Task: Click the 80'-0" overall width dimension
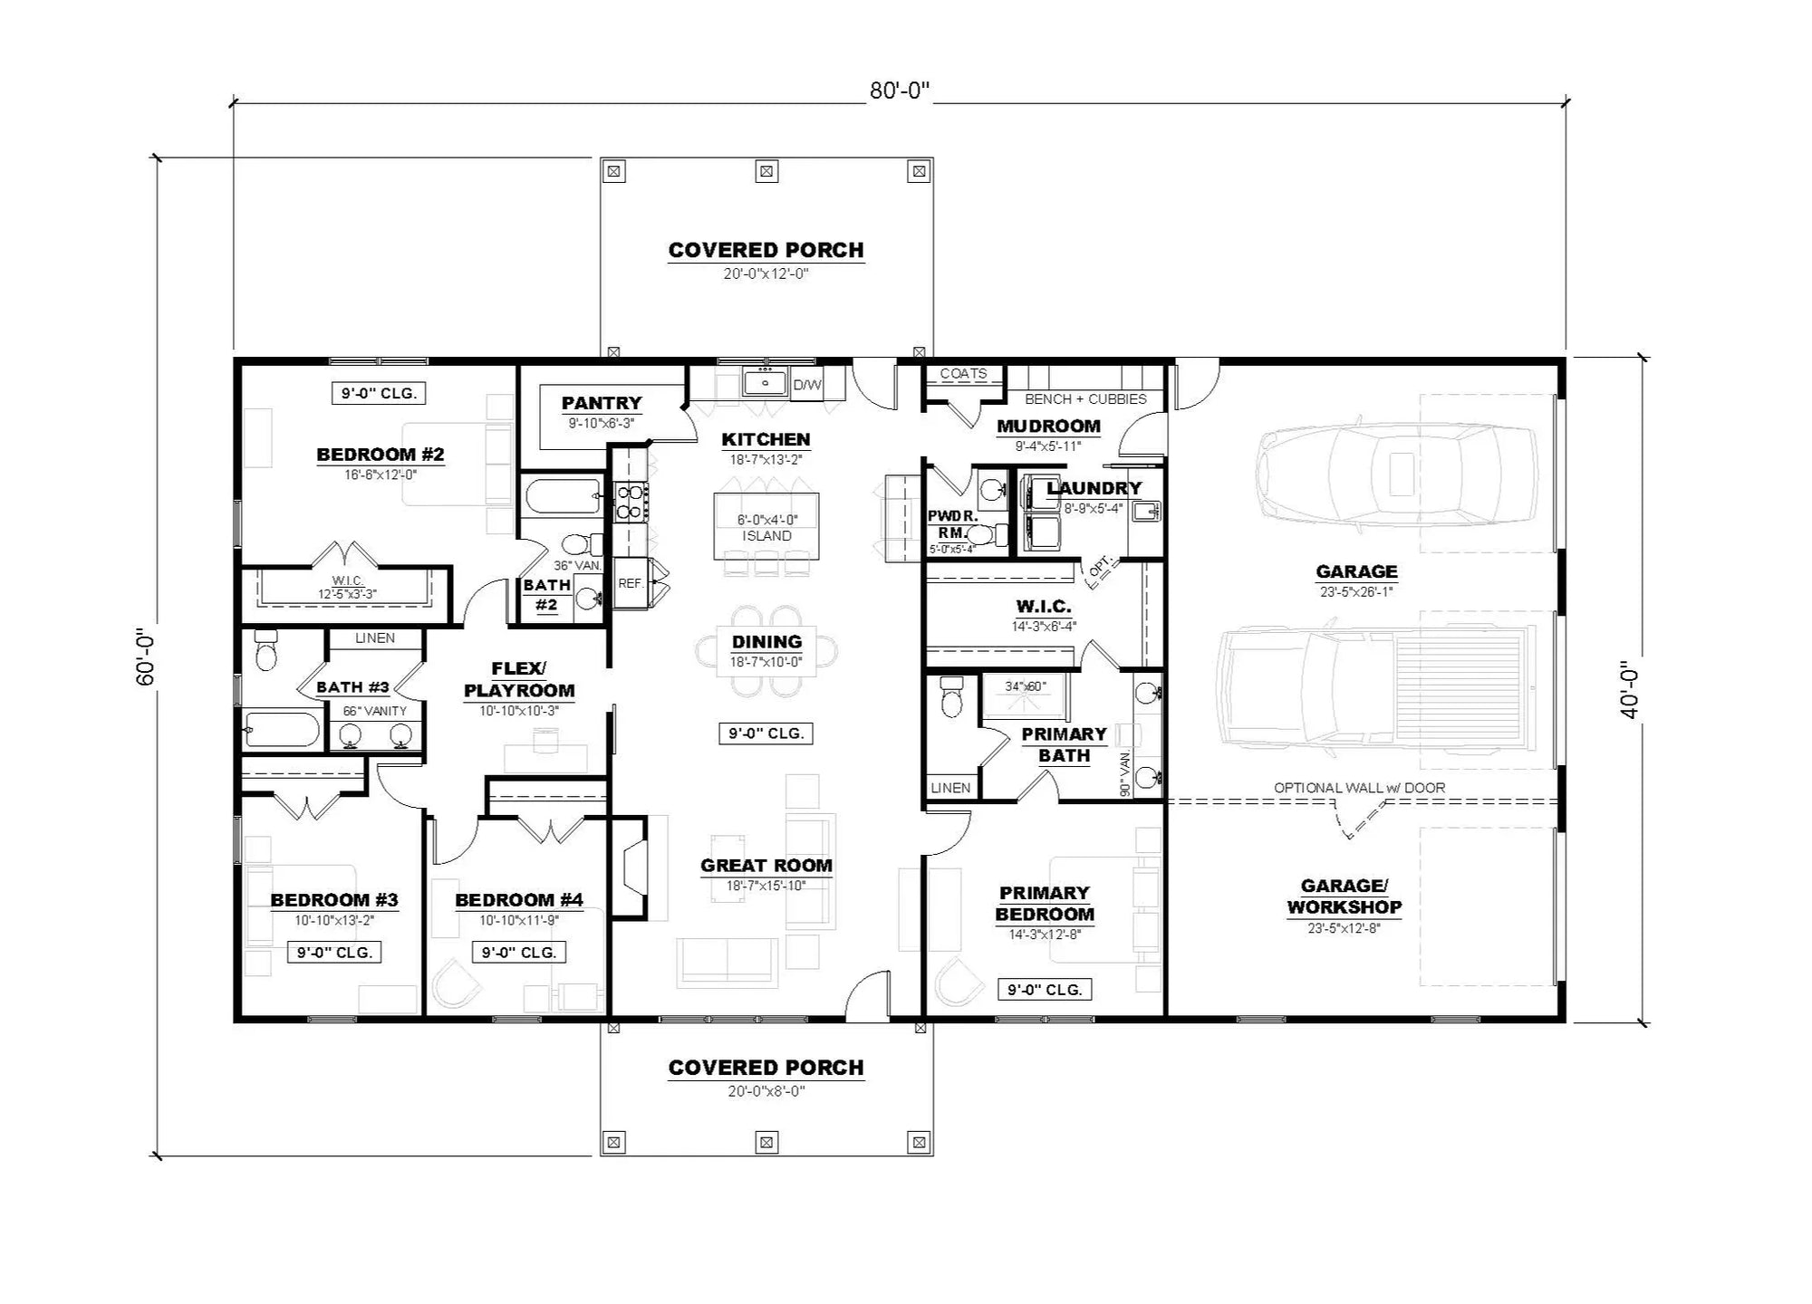[900, 91]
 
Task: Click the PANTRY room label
[602, 403]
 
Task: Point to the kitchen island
[766, 526]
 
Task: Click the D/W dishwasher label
[807, 385]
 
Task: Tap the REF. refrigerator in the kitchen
[631, 584]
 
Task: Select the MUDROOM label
[1048, 426]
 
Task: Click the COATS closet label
[963, 373]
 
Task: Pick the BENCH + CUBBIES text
[1085, 398]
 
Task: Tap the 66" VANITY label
[374, 711]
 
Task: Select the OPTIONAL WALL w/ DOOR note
[1359, 788]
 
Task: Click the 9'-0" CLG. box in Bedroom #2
[379, 393]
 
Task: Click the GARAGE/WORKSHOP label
[1344, 896]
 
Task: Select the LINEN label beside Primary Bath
[950, 788]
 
